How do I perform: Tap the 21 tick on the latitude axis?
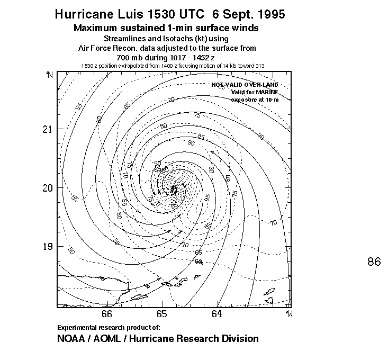(47, 129)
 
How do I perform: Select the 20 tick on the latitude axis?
(47, 188)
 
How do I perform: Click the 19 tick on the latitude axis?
(47, 246)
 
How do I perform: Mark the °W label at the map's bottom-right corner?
(288, 313)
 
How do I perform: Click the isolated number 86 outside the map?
(374, 262)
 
